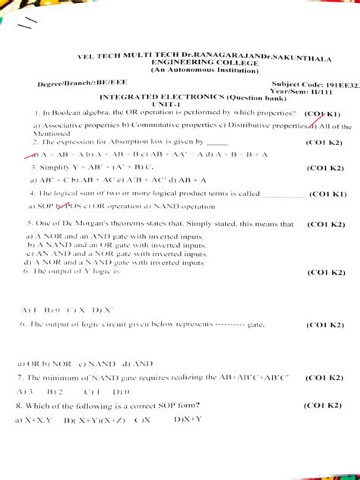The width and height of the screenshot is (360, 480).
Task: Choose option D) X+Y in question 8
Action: [x=187, y=419]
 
